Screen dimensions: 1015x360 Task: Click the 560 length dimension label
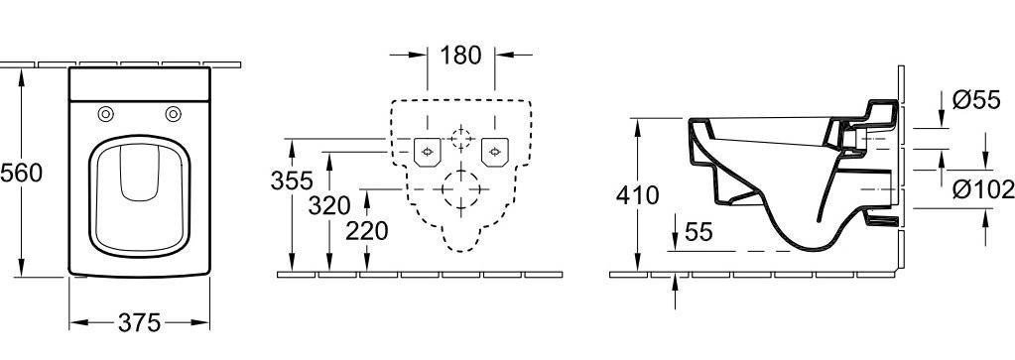click(22, 174)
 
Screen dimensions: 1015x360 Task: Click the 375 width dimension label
click(139, 322)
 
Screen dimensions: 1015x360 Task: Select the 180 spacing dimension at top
click(461, 56)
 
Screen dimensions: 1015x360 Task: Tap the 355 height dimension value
click(292, 180)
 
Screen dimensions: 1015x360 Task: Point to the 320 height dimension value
click(328, 206)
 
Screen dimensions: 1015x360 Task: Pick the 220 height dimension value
click(366, 230)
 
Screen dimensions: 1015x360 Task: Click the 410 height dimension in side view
click(638, 195)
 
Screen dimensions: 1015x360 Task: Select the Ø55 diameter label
click(977, 100)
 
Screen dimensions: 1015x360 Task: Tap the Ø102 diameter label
click(983, 189)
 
